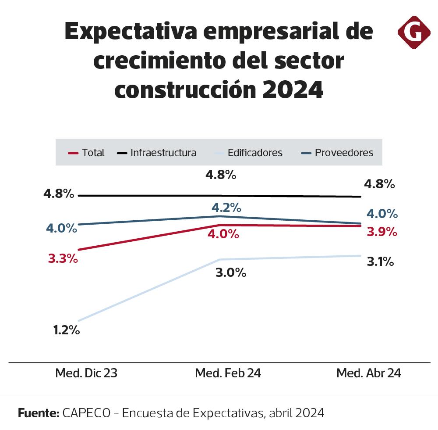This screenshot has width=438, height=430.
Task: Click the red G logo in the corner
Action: pyautogui.click(x=413, y=32)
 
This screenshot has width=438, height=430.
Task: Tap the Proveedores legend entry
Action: pyautogui.click(x=338, y=153)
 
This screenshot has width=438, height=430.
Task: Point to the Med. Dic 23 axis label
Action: pyautogui.click(x=86, y=373)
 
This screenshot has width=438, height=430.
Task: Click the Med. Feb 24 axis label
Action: pyautogui.click(x=228, y=373)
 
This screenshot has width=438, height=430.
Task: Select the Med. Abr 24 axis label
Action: pyautogui.click(x=369, y=373)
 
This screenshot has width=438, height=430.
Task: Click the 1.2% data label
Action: pyautogui.click(x=66, y=330)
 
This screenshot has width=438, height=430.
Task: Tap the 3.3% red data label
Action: pyautogui.click(x=63, y=258)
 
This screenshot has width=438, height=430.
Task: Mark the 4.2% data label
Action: pyautogui.click(x=226, y=207)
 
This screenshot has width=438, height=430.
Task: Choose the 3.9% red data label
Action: pyautogui.click(x=382, y=232)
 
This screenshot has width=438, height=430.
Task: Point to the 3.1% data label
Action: pyautogui.click(x=379, y=262)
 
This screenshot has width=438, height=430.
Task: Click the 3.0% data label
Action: pyautogui.click(x=231, y=272)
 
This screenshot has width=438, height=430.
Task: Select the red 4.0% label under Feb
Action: pyautogui.click(x=223, y=234)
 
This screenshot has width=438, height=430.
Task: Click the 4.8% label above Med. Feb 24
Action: pyautogui.click(x=221, y=175)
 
